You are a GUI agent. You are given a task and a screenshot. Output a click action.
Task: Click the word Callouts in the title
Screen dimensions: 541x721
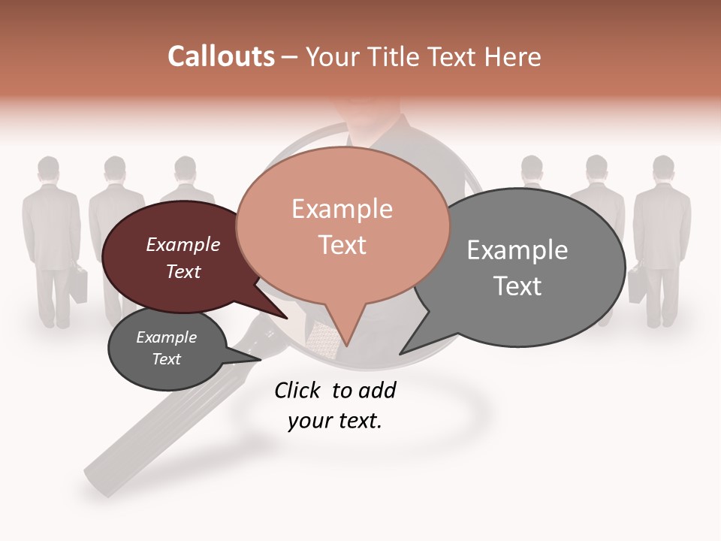(221, 56)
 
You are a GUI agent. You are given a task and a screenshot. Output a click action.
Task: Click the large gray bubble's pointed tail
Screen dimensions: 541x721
(413, 342)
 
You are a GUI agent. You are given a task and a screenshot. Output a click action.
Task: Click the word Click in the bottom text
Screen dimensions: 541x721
(297, 390)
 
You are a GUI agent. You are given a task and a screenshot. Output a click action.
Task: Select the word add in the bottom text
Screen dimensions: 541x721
(377, 390)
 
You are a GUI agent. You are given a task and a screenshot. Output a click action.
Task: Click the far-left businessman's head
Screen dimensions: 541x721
(49, 170)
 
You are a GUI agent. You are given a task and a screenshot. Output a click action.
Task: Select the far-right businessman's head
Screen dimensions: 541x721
(662, 168)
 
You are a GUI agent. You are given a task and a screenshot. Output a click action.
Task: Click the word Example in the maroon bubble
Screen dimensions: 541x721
(183, 244)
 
